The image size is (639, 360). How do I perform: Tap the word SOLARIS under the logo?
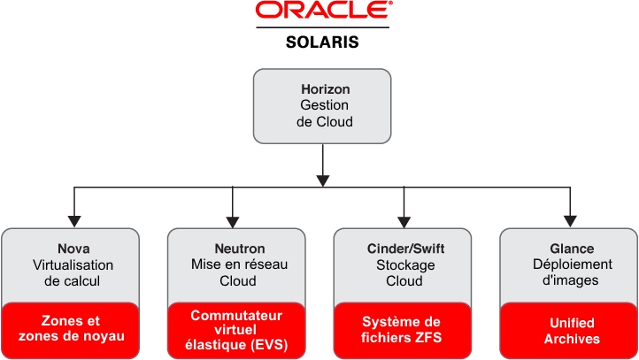[x=321, y=42]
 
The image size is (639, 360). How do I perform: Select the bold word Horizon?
[x=324, y=89]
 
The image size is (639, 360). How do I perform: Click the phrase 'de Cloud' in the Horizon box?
[x=324, y=121]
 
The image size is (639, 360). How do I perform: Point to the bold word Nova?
[x=73, y=249]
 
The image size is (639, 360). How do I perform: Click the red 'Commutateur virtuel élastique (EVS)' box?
[x=235, y=328]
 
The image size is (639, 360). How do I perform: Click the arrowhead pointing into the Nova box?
[x=73, y=221]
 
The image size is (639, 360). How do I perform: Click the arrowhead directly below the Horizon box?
[x=324, y=180]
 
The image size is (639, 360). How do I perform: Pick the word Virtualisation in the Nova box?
[x=73, y=264]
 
